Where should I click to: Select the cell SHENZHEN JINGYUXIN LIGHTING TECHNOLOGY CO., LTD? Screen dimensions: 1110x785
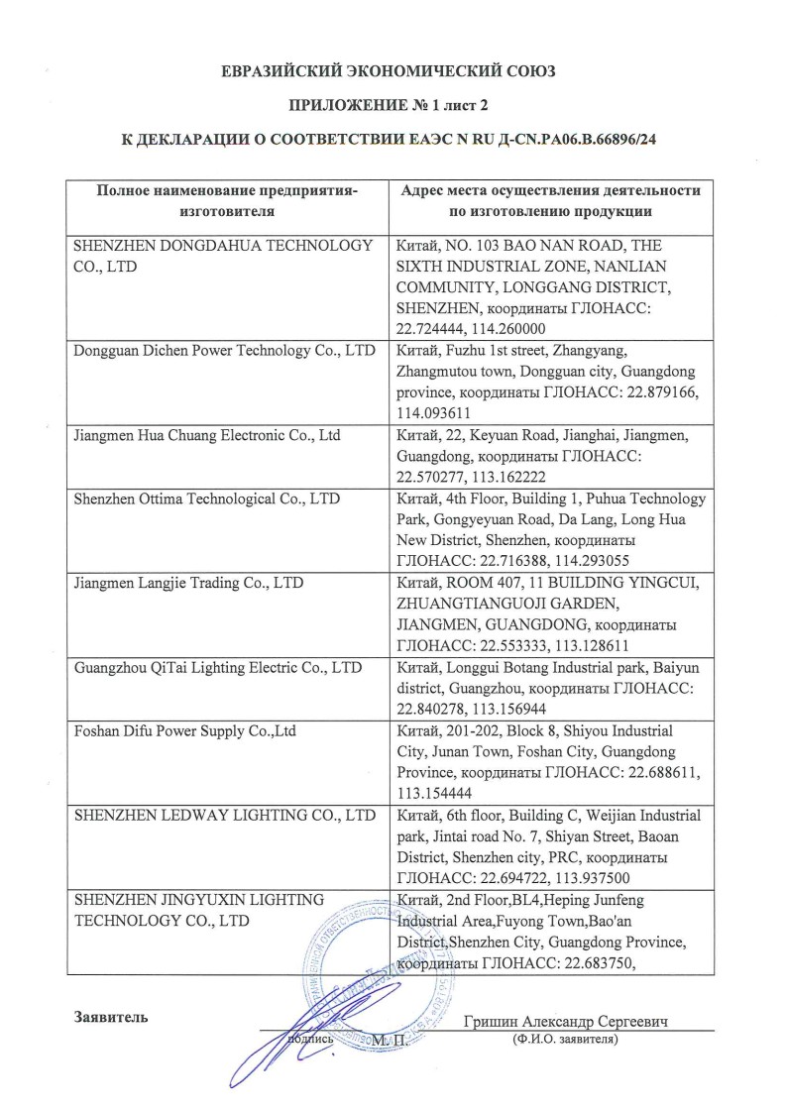[199, 910]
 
